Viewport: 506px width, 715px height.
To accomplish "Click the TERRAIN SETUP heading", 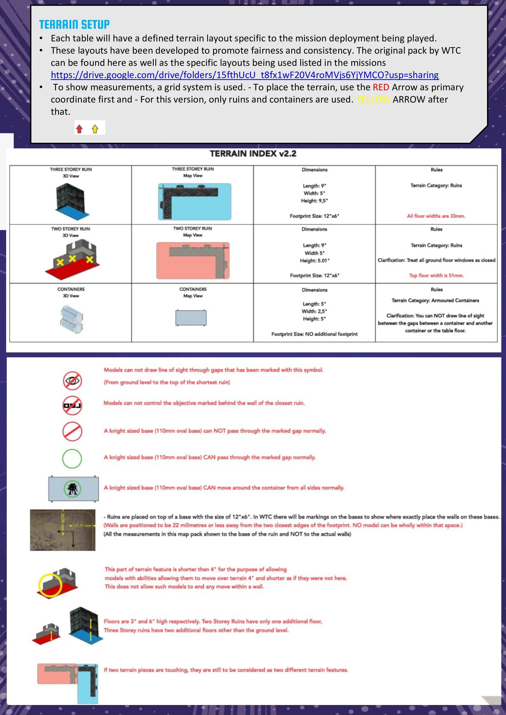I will pos(74,24).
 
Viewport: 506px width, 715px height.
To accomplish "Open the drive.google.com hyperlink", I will pos(245,75).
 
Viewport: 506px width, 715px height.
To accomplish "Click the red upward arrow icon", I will pos(79,129).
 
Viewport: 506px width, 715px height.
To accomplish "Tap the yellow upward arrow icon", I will pos(95,129).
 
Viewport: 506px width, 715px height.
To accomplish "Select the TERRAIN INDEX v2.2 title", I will pos(253,153).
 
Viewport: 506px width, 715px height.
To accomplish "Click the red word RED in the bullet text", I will pos(381,87).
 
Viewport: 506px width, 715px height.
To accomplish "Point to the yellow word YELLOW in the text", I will pos(373,99).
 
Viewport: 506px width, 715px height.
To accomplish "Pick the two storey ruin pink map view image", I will pos(193,260).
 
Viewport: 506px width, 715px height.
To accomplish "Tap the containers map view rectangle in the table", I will pos(191,318).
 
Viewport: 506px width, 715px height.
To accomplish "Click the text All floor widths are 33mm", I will pos(436,216).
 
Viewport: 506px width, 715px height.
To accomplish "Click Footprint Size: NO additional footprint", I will pos(314,334).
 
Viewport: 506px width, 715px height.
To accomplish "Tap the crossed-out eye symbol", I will pos(72,380).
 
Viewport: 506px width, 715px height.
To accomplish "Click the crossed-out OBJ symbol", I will pos(72,405).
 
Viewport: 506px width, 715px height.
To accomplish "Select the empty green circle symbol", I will pos(72,458).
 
